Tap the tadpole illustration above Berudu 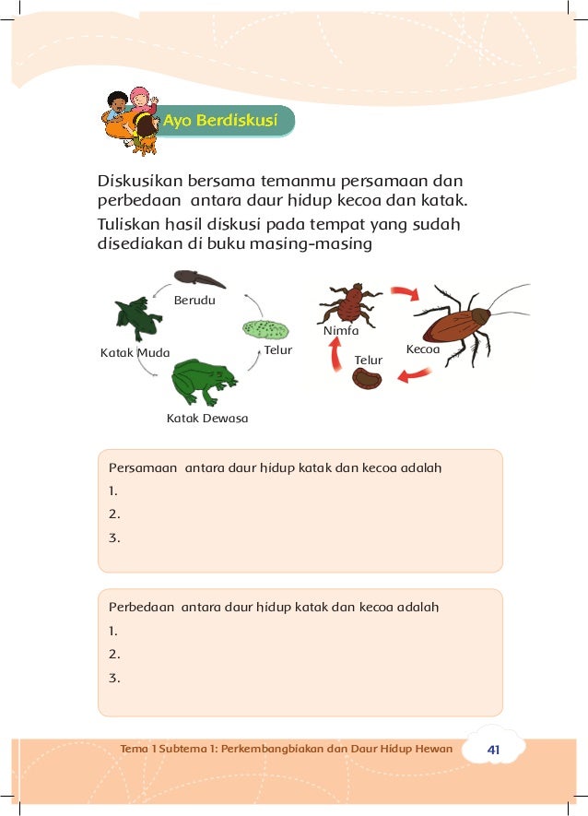click(199, 277)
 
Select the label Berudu click(196, 300)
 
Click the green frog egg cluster click(265, 328)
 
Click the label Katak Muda click(128, 352)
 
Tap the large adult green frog click(204, 380)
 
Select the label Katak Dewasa click(207, 419)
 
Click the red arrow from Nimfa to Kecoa click(403, 294)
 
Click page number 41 click(493, 750)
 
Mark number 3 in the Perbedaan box click(114, 679)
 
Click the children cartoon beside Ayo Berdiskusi click(132, 120)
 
